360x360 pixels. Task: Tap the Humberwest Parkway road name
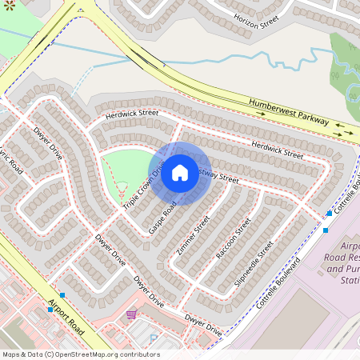pos(288,113)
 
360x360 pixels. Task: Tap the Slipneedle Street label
pos(254,263)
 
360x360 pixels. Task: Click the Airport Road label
pos(66,317)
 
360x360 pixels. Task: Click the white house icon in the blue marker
pos(180,173)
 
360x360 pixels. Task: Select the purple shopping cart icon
pos(131,314)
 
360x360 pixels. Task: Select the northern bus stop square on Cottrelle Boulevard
pos(329,214)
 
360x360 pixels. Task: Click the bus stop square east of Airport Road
pos(62,295)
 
